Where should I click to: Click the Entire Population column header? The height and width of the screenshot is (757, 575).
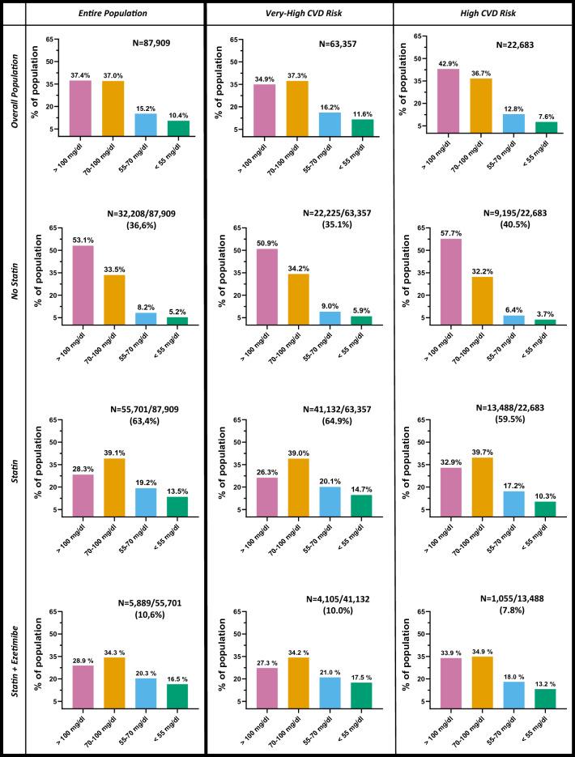[114, 13]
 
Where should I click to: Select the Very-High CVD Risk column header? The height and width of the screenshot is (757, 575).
[299, 13]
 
